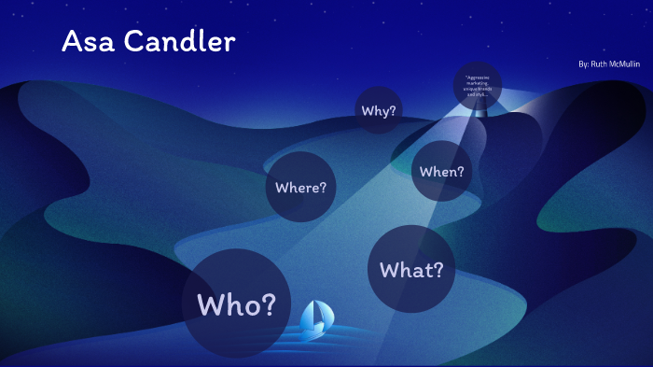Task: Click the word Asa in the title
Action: coord(84,41)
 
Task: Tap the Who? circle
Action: coord(236,303)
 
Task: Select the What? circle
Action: coord(411,270)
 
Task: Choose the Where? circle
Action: coord(300,187)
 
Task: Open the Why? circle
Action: coord(379,110)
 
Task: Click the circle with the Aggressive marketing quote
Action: coord(477,87)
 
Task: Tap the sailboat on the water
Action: coord(314,321)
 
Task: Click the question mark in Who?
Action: coord(268,303)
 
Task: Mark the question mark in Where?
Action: coord(323,188)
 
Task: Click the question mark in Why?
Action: coord(393,111)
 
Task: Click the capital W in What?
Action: coord(390,271)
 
